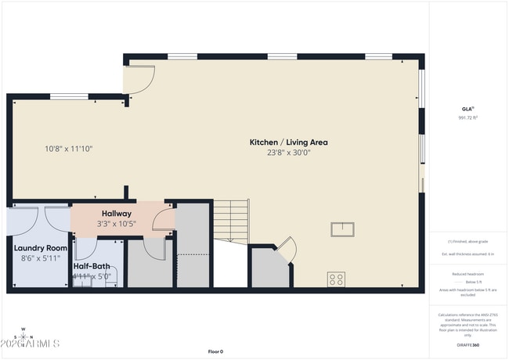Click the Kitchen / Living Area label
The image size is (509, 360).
(288, 142)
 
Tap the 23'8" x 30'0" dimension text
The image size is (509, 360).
(288, 153)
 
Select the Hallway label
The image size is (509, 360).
(117, 213)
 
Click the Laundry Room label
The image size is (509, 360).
(40, 247)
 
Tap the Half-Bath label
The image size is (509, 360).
(92, 265)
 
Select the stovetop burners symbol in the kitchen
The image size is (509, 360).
(336, 278)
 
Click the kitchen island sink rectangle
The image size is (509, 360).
(341, 229)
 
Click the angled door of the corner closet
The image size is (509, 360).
(287, 250)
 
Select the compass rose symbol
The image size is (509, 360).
(23, 335)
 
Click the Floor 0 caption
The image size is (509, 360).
(215, 351)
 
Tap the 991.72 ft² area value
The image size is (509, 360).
(467, 117)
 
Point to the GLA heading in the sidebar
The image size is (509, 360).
(467, 108)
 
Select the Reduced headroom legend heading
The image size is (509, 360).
(467, 274)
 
